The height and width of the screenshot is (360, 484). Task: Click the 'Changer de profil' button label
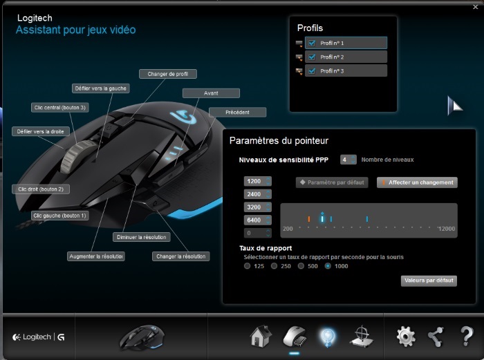coord(168,74)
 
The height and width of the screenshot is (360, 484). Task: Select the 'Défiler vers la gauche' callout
coord(101,88)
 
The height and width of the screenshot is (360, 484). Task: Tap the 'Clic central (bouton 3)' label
coord(60,107)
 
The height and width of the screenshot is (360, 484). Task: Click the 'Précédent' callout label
coord(237,113)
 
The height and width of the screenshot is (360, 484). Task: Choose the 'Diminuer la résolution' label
coord(141,237)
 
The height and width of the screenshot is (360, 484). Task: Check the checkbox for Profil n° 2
coord(312,57)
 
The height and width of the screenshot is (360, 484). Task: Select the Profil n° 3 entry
coord(346,71)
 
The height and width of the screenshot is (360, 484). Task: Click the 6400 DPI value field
coord(257,220)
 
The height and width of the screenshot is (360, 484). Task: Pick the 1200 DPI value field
coord(257,181)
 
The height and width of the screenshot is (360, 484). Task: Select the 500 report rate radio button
coord(301,266)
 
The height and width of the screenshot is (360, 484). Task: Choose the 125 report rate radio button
coord(248,266)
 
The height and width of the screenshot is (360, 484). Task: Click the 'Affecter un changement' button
coord(417,182)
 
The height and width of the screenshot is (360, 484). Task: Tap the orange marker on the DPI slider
coord(308,219)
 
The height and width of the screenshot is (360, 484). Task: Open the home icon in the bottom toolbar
coord(261,336)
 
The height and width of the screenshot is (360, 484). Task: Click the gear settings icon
coord(406,337)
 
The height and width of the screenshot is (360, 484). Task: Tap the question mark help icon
coord(467,336)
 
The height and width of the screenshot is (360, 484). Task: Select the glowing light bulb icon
coord(328,337)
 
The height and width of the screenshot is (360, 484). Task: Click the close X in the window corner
coord(476,7)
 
